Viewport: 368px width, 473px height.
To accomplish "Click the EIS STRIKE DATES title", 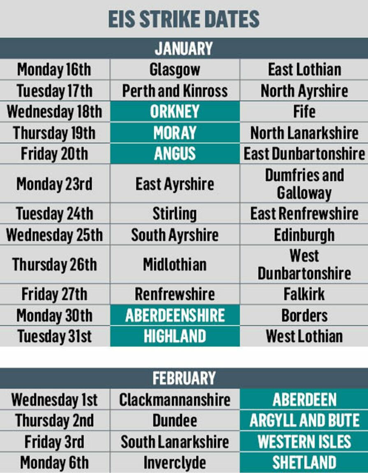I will point(184,19).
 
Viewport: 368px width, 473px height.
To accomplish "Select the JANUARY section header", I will point(184,48).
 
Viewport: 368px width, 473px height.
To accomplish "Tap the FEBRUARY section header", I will point(184,378).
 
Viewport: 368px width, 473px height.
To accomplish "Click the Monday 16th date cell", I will point(54,69).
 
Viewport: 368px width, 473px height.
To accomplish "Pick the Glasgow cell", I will point(175,69).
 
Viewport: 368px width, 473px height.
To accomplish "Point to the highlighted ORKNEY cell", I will point(175,112).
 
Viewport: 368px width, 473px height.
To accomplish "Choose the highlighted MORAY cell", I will point(175,133).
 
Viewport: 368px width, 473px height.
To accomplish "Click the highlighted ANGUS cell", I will point(175,154).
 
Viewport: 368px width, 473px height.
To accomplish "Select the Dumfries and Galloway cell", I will point(304,184).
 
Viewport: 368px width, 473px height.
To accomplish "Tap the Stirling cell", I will point(175,214).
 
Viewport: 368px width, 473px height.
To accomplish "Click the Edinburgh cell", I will point(304,235).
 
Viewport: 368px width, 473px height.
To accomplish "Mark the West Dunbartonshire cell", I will point(304,264).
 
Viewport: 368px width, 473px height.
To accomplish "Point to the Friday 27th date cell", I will point(54,294).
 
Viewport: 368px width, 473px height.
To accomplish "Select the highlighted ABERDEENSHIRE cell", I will point(175,316).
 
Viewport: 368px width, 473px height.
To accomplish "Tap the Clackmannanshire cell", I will point(175,400).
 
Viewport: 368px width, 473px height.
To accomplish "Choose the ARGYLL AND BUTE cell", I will point(304,420).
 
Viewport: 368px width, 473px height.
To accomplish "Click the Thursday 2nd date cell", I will point(54,420).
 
